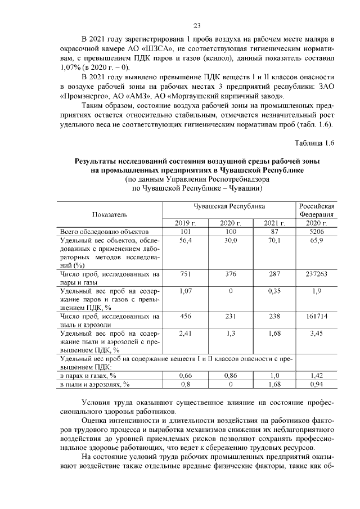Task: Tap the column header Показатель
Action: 110,214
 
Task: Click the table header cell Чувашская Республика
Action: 229,206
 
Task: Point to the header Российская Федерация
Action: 317,210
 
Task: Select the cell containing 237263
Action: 317,274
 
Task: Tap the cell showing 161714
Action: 317,317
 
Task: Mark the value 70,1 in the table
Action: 274,240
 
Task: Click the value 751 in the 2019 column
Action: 186,274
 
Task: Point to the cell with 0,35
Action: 274,291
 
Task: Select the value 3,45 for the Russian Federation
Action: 317,334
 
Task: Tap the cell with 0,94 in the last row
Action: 317,384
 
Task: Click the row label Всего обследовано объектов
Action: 103,231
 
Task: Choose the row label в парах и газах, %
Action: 88,375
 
